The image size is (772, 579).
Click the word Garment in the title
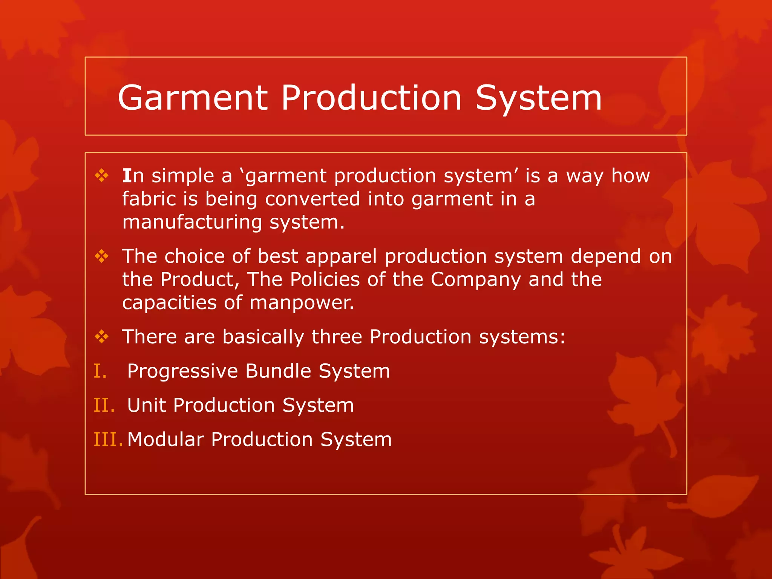(x=193, y=98)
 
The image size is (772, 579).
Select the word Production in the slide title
(x=371, y=98)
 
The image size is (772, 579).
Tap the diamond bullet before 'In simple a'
(x=102, y=176)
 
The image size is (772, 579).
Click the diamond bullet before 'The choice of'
(x=102, y=256)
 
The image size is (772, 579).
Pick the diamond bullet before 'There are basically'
(x=102, y=337)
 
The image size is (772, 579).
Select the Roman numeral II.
(x=104, y=405)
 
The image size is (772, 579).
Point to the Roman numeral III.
(x=108, y=440)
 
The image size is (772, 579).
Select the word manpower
(x=302, y=303)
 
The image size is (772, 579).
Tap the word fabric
(x=149, y=199)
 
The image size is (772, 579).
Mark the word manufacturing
(x=192, y=222)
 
